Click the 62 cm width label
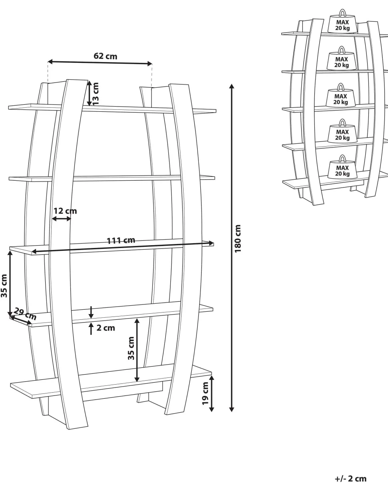point(105,56)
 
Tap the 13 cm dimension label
point(96,93)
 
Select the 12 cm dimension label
point(65,211)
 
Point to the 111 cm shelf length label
point(121,240)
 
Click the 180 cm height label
point(238,239)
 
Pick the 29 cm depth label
point(25,314)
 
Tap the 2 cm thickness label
point(106,328)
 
